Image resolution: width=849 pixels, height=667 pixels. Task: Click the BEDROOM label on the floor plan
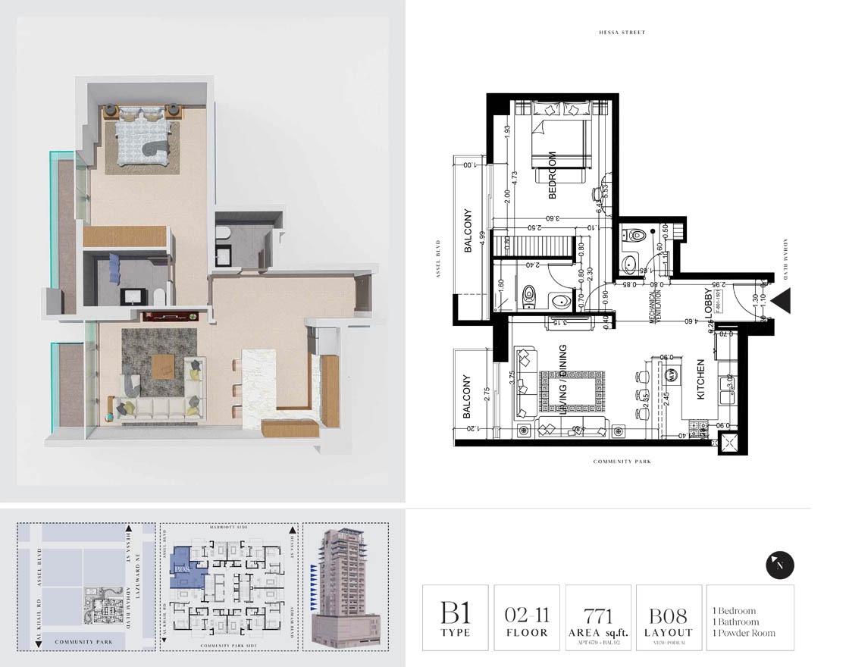click(x=553, y=175)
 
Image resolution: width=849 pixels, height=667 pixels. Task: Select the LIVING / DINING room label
click(x=563, y=381)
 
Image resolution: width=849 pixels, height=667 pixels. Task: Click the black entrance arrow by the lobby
click(x=782, y=301)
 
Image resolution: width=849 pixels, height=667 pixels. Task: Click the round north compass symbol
click(x=780, y=565)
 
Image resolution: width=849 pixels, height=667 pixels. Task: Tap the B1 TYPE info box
click(x=455, y=618)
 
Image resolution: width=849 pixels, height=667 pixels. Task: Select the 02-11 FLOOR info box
click(x=526, y=618)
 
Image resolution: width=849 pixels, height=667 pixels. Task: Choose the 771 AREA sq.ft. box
click(x=598, y=618)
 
